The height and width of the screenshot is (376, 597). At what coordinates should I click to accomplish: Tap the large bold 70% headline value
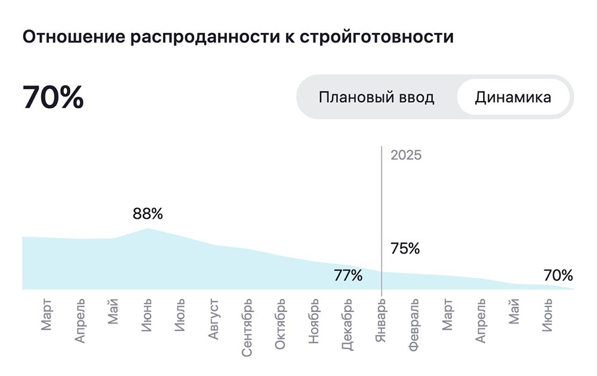(53, 97)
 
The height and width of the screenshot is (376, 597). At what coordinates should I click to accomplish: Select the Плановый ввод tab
(376, 97)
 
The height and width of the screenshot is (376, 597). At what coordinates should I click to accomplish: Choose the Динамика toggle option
(513, 97)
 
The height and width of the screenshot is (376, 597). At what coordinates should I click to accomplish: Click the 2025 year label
(406, 155)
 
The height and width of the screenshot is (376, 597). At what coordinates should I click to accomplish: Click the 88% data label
(147, 213)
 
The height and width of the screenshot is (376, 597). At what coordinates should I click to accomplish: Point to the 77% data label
(347, 276)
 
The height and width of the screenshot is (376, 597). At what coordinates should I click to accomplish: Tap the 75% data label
(405, 249)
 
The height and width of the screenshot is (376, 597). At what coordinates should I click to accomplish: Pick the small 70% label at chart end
(558, 276)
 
